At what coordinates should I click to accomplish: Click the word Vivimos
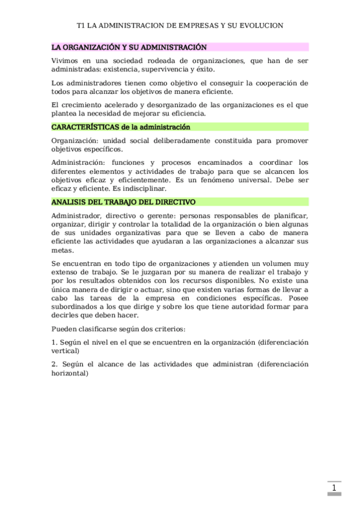(64, 60)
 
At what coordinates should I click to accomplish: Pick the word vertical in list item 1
(65, 351)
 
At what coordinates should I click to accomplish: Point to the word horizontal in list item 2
(70, 373)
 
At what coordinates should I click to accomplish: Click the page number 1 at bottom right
(334, 487)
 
